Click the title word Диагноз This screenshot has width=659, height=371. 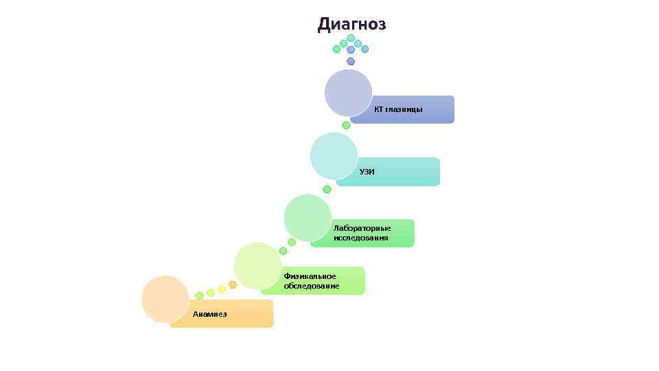[351, 25]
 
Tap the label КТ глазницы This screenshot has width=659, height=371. [398, 109]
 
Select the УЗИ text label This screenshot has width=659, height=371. [367, 172]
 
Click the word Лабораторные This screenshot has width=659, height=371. [362, 228]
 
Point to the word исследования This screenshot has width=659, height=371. [360, 238]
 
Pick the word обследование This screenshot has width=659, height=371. [311, 286]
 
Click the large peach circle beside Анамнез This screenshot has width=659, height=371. [165, 299]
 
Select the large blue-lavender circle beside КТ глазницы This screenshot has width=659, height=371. [348, 93]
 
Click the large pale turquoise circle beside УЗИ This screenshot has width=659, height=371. [334, 155]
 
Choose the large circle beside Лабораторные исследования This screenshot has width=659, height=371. [308, 217]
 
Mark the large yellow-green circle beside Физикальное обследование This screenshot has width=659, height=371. [257, 266]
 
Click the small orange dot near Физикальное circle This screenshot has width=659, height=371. [233, 284]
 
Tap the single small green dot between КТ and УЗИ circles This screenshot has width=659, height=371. [346, 125]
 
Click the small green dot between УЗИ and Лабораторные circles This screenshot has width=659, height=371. [327, 189]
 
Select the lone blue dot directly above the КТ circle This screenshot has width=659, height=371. [351, 61]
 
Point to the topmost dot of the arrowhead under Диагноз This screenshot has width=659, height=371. [351, 38]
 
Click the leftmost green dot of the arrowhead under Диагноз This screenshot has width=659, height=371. [336, 49]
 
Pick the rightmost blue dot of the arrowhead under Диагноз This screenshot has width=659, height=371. [365, 49]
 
